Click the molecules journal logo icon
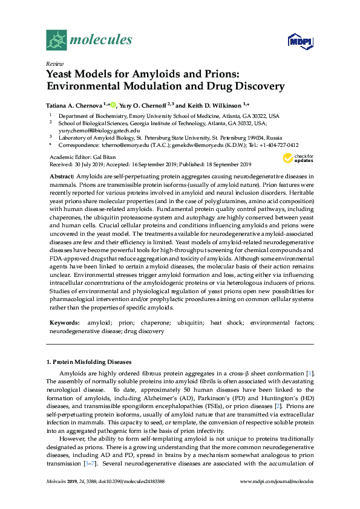56,40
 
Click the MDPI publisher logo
300,41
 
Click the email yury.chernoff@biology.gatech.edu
99,130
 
